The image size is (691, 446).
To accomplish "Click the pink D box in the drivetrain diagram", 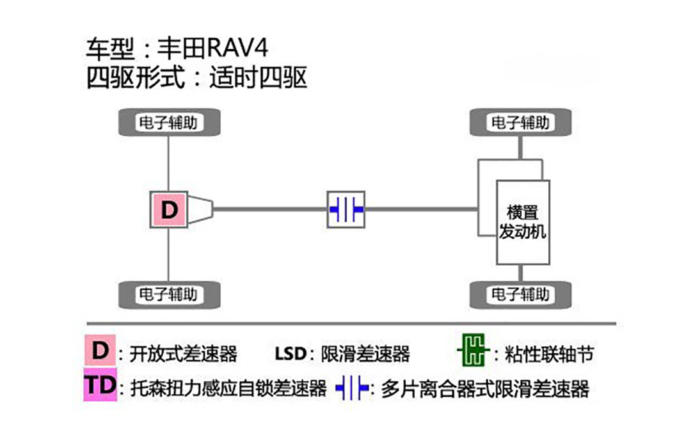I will tap(169, 209).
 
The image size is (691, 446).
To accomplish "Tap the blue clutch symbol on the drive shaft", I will tap(346, 209).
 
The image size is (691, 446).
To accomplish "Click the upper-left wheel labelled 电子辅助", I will tap(169, 122).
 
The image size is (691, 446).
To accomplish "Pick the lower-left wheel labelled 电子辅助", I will tap(169, 295).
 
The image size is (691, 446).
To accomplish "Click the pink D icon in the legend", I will tap(100, 351).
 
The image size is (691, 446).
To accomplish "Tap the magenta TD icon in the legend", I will tap(100, 386).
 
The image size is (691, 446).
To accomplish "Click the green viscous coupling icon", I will tap(472, 351).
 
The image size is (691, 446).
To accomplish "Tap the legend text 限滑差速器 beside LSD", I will tap(366, 353).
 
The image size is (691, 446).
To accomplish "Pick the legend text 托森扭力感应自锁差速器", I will tap(228, 388).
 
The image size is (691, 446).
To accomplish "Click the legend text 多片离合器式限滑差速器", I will tap(484, 388).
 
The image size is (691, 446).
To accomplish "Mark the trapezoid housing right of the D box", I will tap(200, 209).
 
